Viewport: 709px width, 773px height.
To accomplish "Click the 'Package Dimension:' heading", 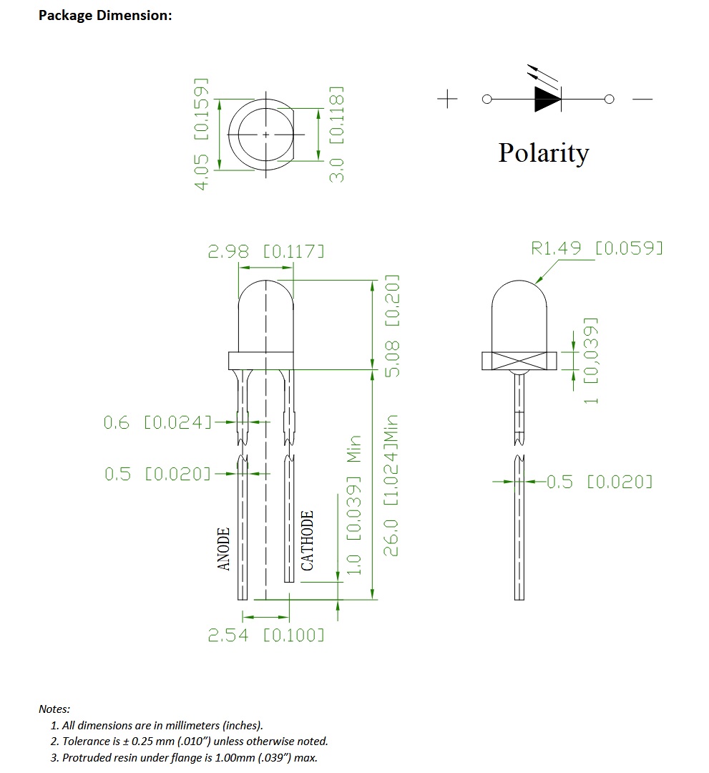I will (105, 15).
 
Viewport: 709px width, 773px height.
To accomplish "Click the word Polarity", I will (543, 153).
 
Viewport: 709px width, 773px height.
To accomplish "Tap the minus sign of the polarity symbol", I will (642, 99).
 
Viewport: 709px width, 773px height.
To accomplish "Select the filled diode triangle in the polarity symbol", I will (547, 99).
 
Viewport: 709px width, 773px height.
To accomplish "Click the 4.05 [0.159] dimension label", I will (202, 133).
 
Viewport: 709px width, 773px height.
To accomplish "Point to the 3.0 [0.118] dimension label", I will (337, 135).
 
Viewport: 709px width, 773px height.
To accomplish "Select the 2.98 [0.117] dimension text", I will (265, 252).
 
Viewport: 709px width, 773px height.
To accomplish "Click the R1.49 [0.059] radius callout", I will (597, 248).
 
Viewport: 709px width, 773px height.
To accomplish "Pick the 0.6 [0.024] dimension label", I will (158, 423).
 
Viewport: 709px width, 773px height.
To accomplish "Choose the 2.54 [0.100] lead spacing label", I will (265, 635).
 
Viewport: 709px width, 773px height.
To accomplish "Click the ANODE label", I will (224, 550).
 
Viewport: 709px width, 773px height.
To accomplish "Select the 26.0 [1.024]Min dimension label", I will (391, 485).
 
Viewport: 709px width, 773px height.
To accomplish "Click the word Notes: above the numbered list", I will (54, 709).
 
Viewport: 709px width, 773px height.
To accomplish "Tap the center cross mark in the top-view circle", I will (266, 134).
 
